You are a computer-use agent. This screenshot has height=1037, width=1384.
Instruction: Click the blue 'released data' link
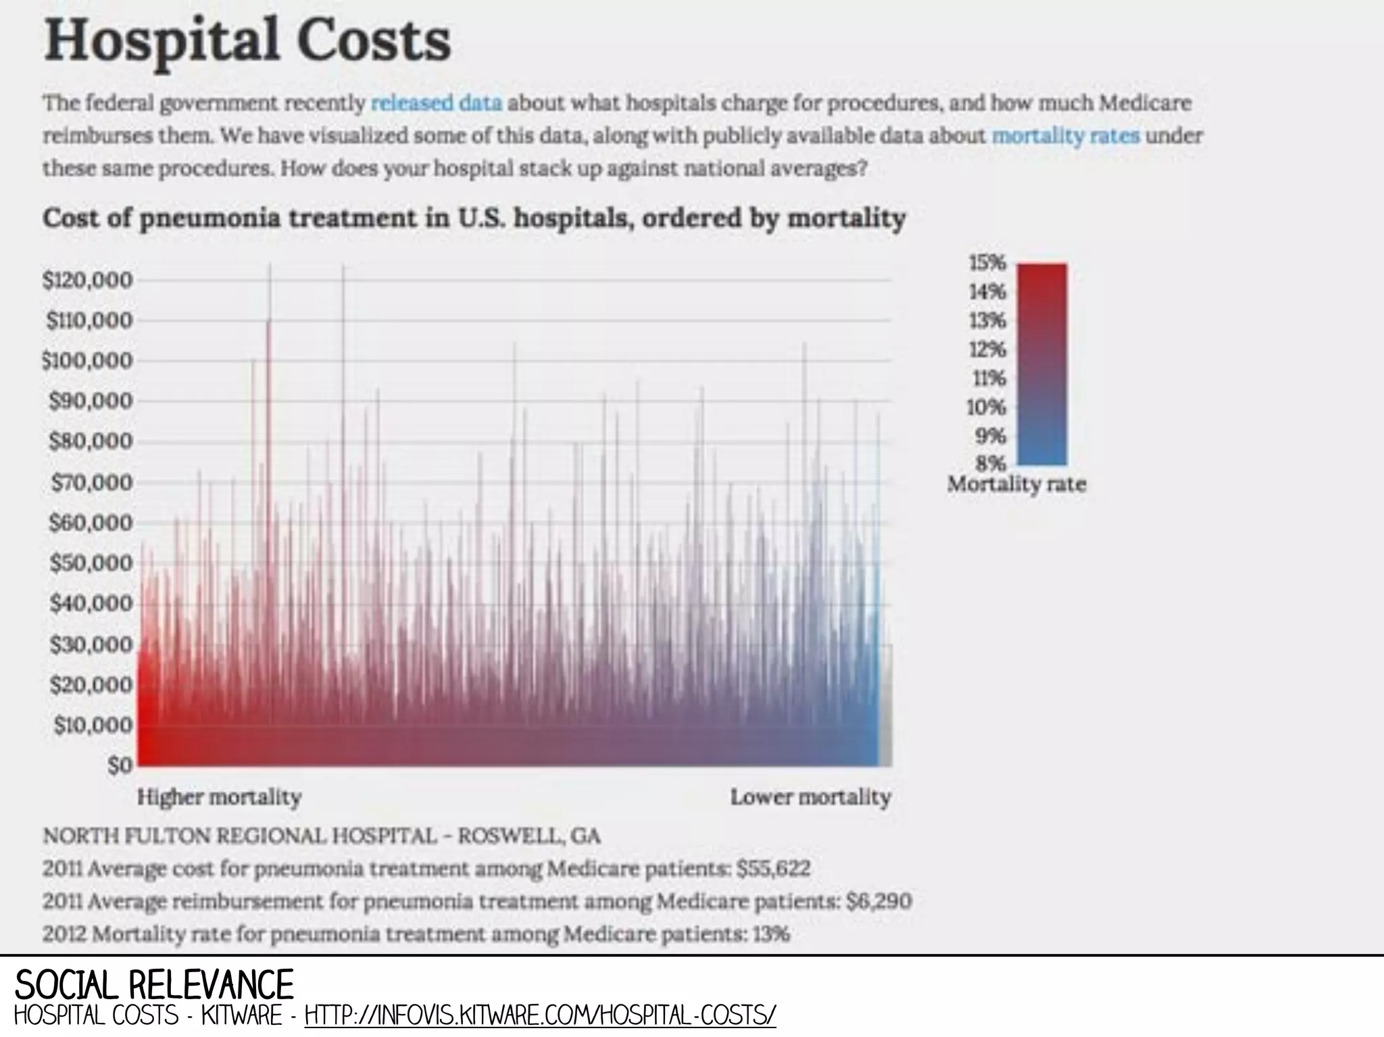tap(437, 103)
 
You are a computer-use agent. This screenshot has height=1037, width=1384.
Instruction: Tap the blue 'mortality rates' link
tap(1065, 136)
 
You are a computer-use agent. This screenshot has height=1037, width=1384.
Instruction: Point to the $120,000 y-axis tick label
tap(88, 280)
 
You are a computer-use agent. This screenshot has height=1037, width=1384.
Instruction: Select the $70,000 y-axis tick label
tap(91, 482)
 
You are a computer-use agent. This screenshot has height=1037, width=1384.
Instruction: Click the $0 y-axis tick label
tap(120, 765)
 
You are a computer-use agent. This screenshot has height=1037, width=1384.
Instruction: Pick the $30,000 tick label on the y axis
tap(91, 644)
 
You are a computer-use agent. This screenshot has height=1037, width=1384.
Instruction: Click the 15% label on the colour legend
tap(989, 263)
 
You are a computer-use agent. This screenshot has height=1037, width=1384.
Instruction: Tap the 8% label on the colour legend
tap(991, 463)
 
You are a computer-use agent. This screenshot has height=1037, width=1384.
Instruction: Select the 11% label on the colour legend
tap(989, 378)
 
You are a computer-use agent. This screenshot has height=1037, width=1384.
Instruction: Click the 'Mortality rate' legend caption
tap(1016, 484)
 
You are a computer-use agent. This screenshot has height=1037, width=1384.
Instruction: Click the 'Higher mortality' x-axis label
tap(219, 797)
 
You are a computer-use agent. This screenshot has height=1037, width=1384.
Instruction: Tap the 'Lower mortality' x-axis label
tap(810, 797)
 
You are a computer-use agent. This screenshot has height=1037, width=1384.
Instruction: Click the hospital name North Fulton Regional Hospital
tap(240, 836)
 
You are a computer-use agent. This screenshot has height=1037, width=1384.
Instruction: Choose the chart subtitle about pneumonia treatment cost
tap(473, 219)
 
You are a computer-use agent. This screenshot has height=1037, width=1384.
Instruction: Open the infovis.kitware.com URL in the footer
tap(541, 1015)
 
